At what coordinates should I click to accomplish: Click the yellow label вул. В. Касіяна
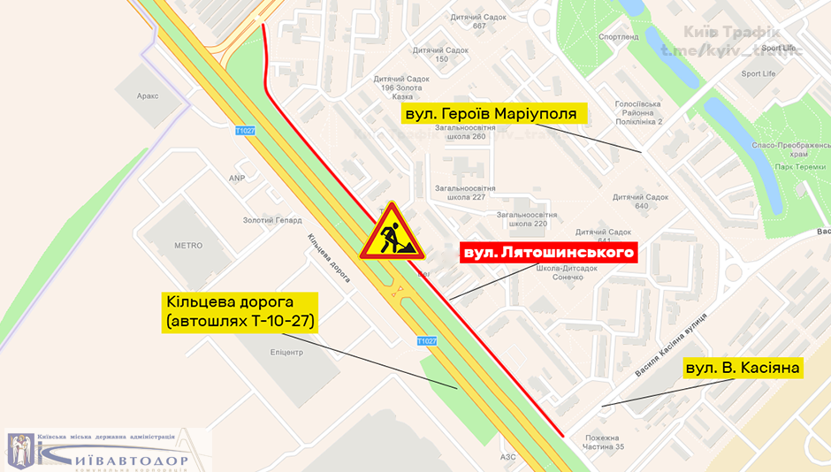coord(743,368)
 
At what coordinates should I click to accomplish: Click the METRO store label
coord(188,246)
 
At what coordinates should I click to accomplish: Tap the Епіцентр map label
coord(281,352)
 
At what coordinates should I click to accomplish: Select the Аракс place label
coord(148,95)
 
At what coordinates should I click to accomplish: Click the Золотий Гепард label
coord(272,220)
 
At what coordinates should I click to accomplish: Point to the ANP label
coord(237,178)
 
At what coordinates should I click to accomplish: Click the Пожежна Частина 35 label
coord(604,442)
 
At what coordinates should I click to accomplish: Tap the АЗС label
coord(507,457)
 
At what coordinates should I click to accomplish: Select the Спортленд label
coord(618,37)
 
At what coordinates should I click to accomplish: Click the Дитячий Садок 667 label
coord(478,21)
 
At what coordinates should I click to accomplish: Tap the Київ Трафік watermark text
coord(731,34)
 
